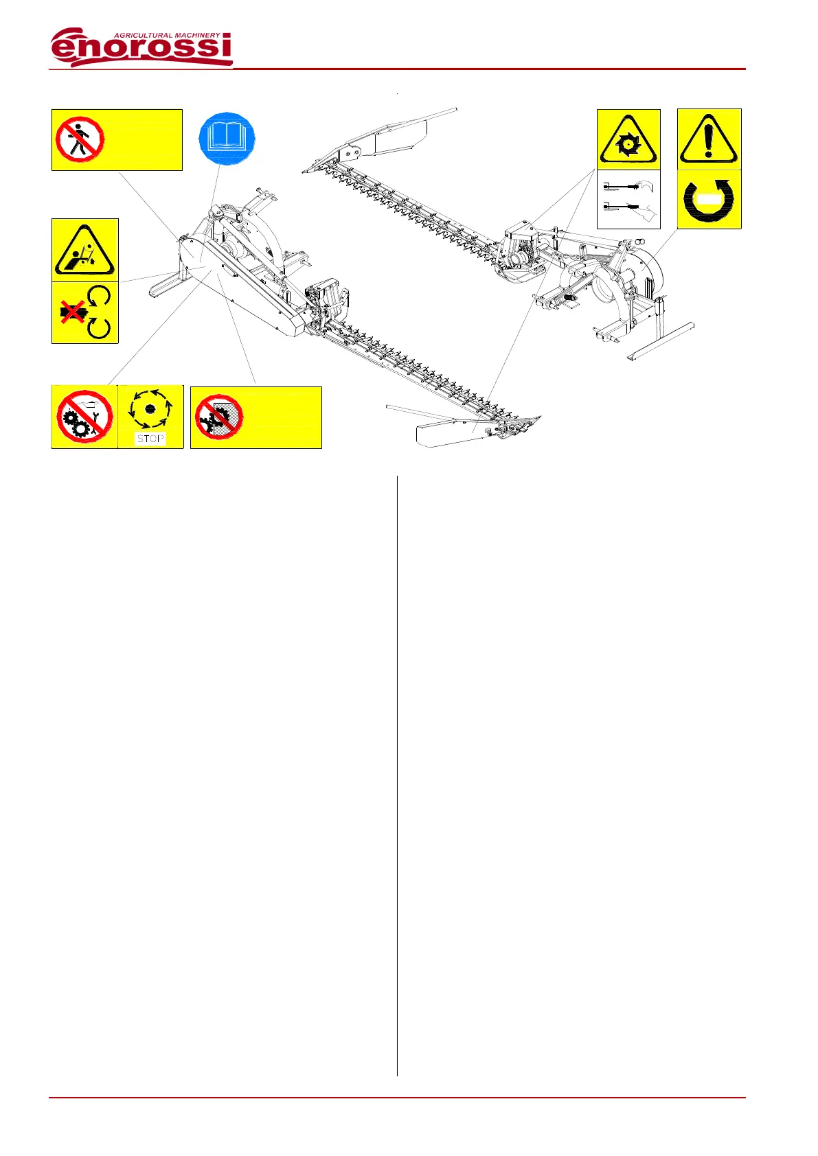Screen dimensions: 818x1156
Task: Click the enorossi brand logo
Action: (x=141, y=47)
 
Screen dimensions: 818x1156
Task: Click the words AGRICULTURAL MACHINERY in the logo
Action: (x=167, y=35)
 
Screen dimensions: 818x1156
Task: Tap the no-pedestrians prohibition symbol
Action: (x=80, y=139)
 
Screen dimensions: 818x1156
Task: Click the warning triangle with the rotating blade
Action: (x=628, y=140)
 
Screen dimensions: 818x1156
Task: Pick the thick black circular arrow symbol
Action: (x=709, y=200)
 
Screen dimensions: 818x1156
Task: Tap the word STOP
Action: (x=150, y=439)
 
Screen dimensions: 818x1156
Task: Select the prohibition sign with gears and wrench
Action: (x=84, y=417)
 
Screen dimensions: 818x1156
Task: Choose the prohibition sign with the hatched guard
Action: (x=218, y=417)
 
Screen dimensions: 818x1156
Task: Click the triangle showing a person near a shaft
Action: (x=84, y=251)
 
